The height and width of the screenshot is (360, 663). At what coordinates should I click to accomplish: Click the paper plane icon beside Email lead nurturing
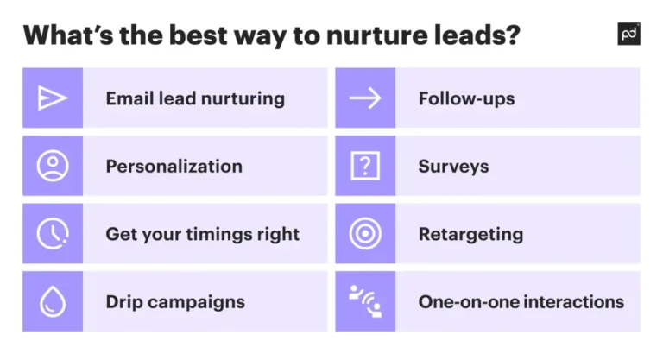pyautogui.click(x=53, y=98)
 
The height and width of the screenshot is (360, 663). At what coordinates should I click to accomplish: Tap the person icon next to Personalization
pyautogui.click(x=53, y=166)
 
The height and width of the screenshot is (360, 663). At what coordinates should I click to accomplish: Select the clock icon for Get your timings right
pyautogui.click(x=53, y=233)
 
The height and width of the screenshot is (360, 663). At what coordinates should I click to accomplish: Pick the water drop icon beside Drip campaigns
pyautogui.click(x=53, y=301)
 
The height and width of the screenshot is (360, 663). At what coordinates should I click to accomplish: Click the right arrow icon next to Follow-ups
pyautogui.click(x=365, y=98)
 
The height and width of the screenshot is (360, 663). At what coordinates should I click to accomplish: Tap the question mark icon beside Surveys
pyautogui.click(x=365, y=166)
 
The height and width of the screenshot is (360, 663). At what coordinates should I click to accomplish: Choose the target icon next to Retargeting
pyautogui.click(x=365, y=233)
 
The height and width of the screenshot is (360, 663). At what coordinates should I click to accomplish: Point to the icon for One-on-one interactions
pyautogui.click(x=365, y=300)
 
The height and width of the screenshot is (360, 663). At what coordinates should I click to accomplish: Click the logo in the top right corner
pyautogui.click(x=629, y=34)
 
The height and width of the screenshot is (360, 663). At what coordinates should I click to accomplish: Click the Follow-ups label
pyautogui.click(x=466, y=98)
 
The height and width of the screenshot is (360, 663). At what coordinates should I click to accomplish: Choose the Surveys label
pyautogui.click(x=453, y=166)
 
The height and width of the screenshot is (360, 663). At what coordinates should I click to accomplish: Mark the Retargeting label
pyautogui.click(x=470, y=234)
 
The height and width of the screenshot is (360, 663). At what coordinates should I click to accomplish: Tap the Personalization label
pyautogui.click(x=174, y=166)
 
